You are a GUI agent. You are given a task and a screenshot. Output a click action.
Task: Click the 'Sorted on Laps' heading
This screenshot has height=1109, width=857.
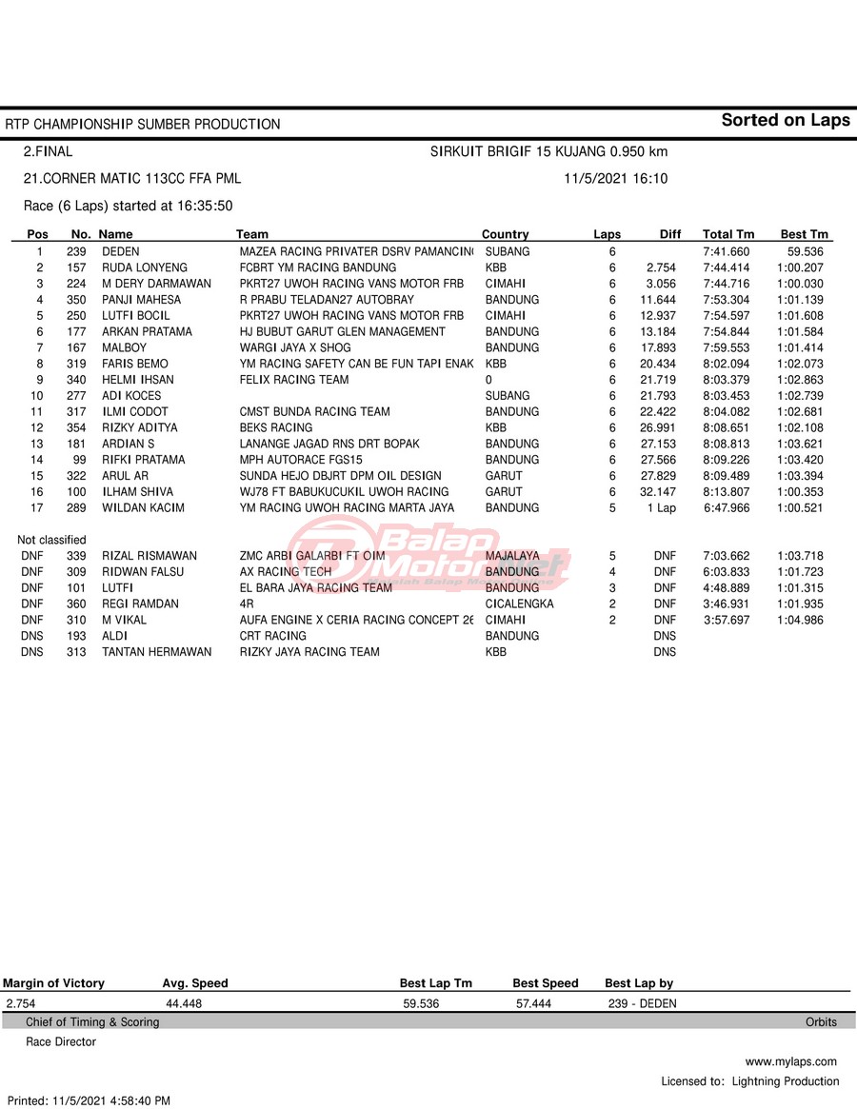click(785, 120)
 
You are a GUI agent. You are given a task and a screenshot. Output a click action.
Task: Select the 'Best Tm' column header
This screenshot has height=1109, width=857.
click(805, 234)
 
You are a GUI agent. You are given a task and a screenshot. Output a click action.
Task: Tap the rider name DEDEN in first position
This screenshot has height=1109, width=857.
click(121, 251)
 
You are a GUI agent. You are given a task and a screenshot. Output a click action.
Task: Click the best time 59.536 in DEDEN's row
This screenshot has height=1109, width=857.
click(806, 251)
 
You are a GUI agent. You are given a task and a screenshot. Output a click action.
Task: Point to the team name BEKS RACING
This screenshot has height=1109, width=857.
click(276, 427)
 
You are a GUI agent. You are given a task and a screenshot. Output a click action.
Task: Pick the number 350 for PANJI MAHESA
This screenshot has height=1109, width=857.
click(76, 300)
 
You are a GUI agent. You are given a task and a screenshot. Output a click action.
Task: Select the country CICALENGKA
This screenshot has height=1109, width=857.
click(519, 604)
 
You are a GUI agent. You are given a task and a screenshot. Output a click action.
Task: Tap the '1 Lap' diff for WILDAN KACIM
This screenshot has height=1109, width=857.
click(661, 508)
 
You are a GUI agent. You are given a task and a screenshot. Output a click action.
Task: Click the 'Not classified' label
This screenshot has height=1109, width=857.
click(51, 540)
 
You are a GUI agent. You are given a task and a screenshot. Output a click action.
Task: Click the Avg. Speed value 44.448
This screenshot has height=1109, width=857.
click(184, 1003)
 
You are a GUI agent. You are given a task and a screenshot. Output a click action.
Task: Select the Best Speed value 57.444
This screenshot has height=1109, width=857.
click(534, 1003)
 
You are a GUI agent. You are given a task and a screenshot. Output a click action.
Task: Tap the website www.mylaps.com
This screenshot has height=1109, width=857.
click(790, 1061)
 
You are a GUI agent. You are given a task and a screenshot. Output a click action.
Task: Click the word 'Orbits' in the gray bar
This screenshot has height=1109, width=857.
click(821, 1022)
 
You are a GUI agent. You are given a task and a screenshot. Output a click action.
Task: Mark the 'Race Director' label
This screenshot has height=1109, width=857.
click(61, 1041)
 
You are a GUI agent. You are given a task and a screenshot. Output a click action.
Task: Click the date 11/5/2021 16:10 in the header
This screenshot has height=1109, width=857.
click(615, 179)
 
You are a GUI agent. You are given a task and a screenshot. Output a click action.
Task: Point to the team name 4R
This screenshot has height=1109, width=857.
click(247, 604)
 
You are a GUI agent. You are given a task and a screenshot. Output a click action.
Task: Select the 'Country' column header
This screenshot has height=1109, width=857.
click(505, 234)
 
